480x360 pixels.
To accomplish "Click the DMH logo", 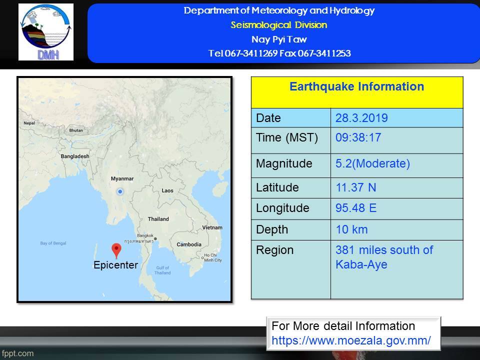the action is point(46,32).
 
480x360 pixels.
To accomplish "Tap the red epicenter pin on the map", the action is point(116,250).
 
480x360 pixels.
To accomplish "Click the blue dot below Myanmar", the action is point(120,191).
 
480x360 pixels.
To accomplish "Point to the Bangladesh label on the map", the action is point(75,156).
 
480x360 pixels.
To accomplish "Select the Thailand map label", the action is point(158,219).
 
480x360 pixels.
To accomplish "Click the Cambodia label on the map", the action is point(189,244).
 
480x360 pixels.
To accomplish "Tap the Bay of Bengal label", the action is point(53,243).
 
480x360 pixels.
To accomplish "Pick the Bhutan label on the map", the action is point(76,130).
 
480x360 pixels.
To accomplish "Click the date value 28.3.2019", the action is point(361,118).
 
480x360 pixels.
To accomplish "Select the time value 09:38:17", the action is point(358,137).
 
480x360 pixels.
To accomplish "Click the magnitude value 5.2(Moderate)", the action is point(372,163).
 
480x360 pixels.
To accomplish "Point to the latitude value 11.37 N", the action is point(355,187).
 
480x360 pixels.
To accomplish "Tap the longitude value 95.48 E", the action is point(356,208).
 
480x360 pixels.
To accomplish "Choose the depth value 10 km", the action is point(351,229).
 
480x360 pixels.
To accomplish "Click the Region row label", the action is point(274,250).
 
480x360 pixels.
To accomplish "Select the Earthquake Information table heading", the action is point(356,86).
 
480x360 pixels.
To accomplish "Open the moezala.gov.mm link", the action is point(351,340).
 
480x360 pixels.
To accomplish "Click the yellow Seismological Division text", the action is point(279,25).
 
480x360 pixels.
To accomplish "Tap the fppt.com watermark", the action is point(17,353).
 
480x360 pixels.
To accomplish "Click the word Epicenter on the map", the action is point(115,265).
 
